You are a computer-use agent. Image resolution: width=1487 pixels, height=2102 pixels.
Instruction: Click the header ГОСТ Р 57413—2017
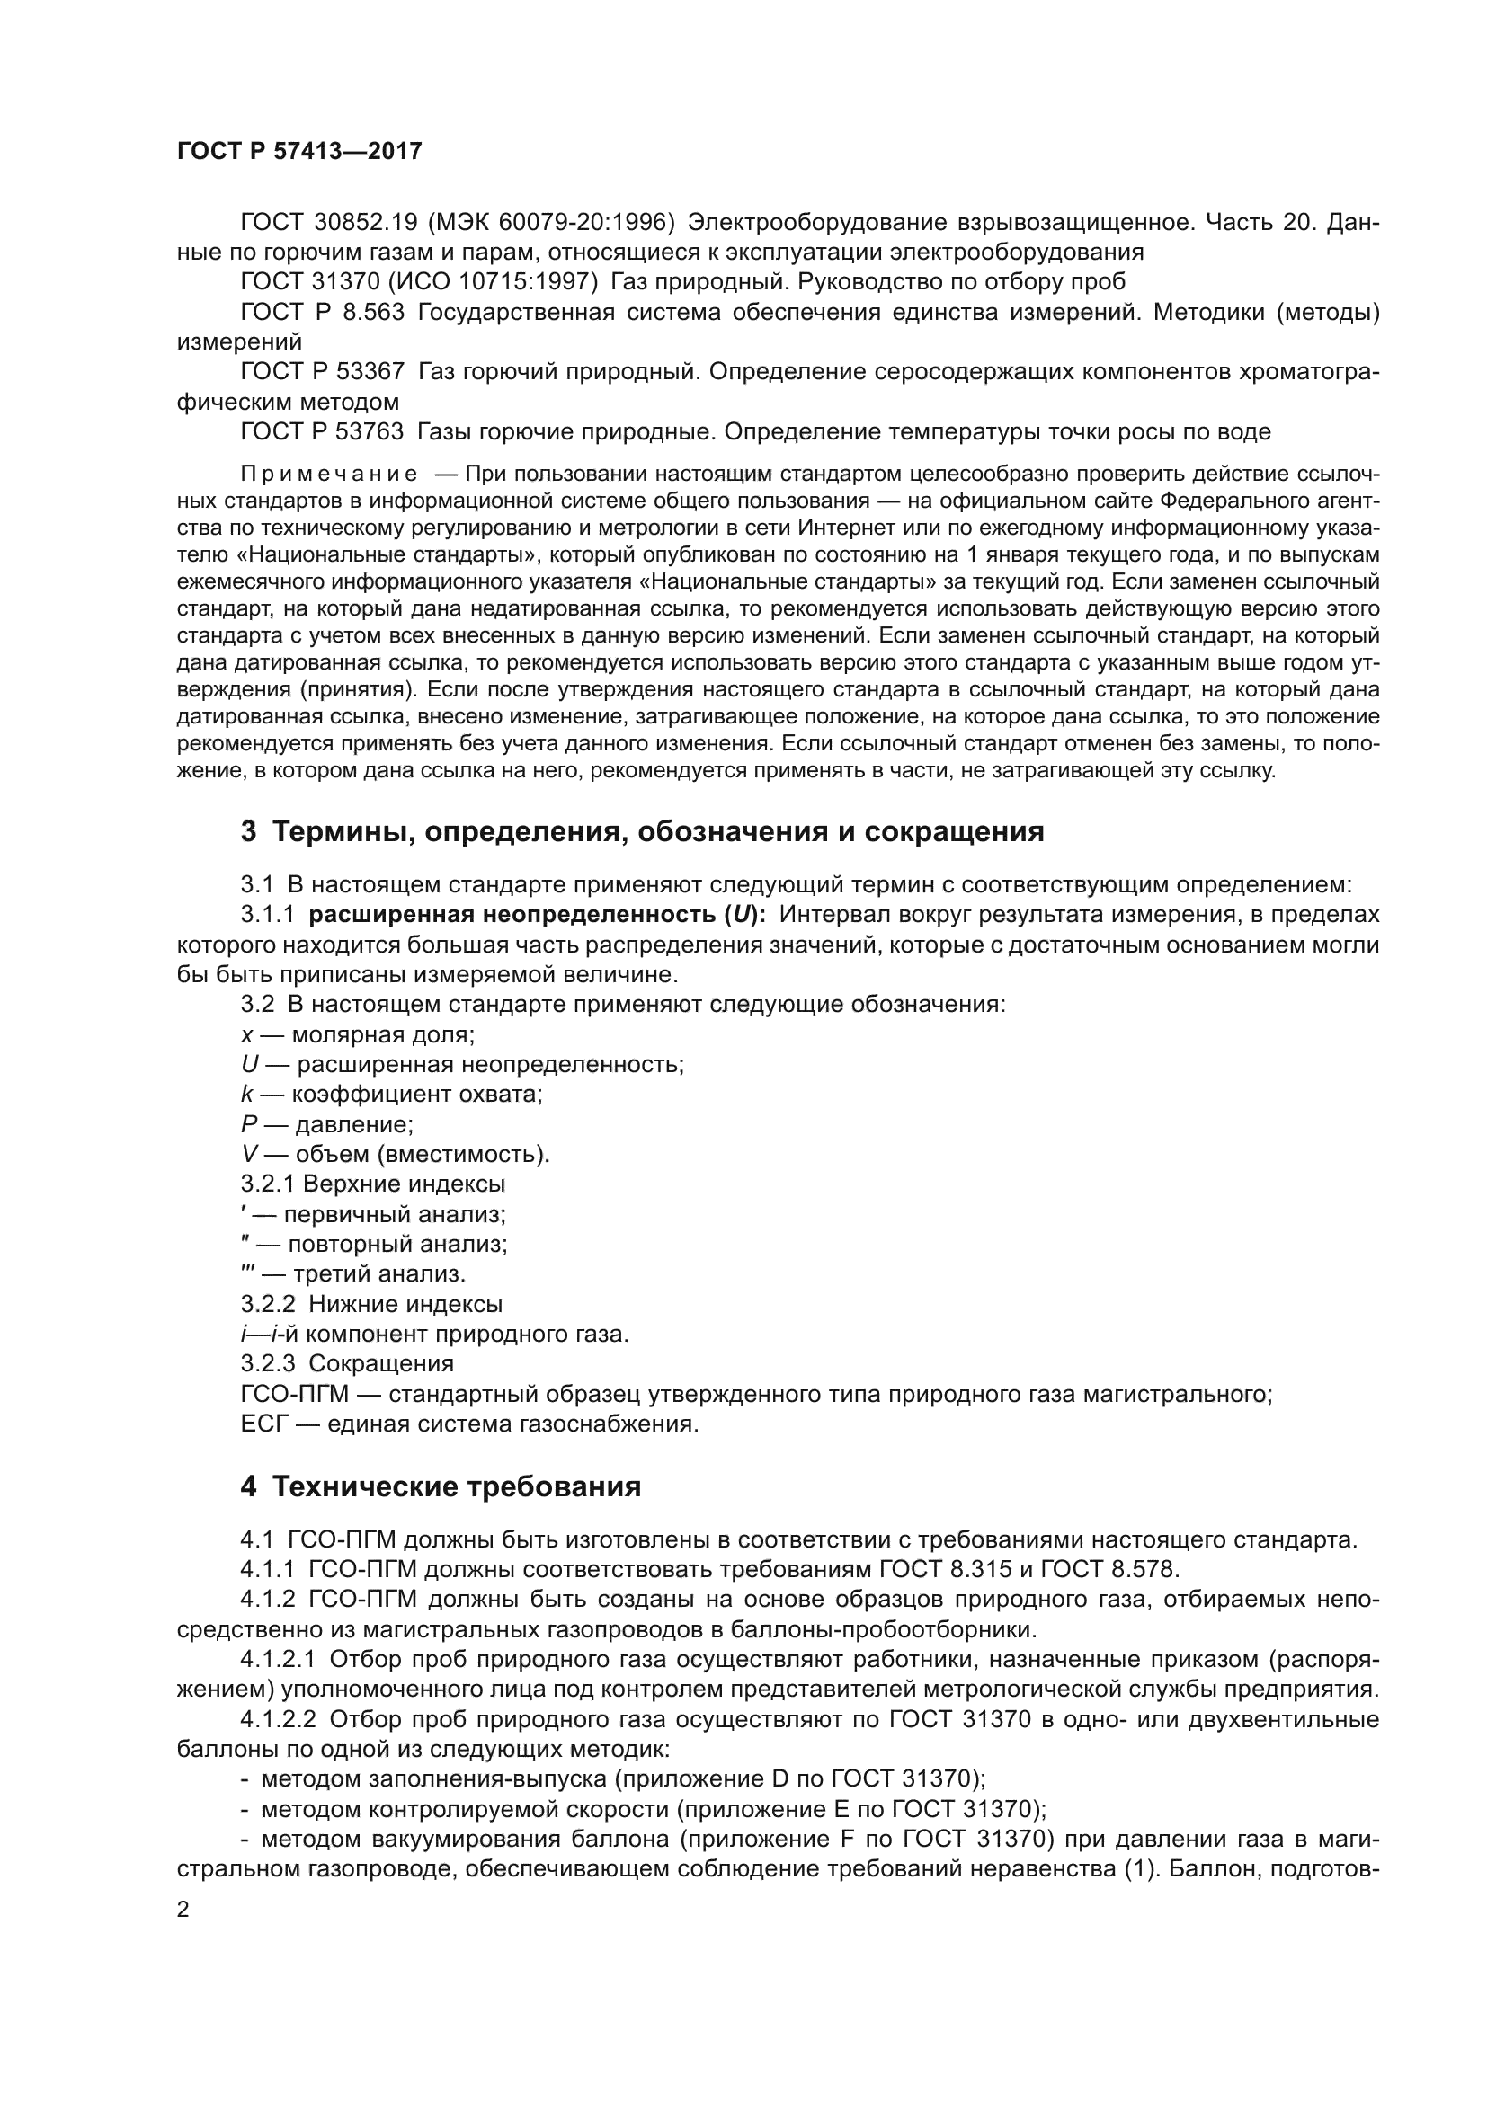click(299, 152)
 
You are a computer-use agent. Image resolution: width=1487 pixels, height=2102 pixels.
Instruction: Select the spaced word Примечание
click(329, 475)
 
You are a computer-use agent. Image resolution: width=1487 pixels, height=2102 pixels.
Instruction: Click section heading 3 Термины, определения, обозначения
click(641, 832)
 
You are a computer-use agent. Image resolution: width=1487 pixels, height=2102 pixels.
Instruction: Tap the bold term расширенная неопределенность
click(512, 915)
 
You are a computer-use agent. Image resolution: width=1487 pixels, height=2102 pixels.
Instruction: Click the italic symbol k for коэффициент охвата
click(246, 1094)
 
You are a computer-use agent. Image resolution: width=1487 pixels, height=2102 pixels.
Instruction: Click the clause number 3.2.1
click(267, 1184)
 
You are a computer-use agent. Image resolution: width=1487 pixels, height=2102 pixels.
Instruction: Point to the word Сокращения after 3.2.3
click(381, 1364)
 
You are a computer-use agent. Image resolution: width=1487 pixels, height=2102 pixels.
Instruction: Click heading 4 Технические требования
click(441, 1486)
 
